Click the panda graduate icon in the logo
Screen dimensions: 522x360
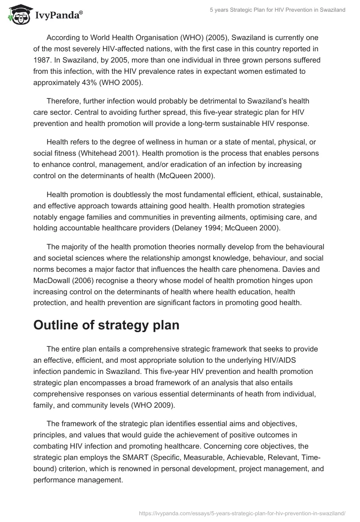[x=17, y=14]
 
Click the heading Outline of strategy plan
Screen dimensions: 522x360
[x=106, y=325]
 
